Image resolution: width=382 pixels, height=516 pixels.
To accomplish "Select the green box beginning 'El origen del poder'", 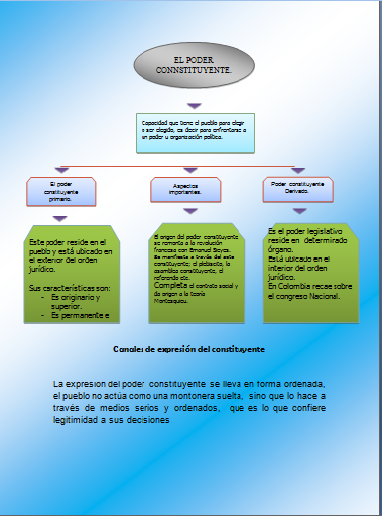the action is click(196, 275).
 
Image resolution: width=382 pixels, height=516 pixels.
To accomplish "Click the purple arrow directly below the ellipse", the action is click(195, 104).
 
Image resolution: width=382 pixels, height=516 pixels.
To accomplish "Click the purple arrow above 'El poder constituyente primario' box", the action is click(62, 170).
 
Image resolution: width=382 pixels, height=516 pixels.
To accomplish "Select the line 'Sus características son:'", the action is click(68, 287).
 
